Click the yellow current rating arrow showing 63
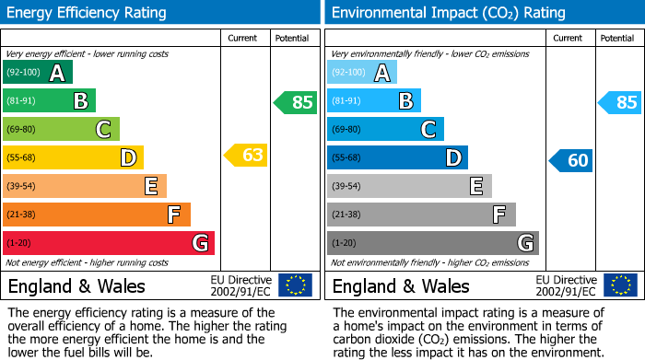coord(246,156)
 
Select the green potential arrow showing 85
coord(295,102)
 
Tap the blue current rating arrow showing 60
coord(571,160)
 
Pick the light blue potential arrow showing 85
coord(619,102)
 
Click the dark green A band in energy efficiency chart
coord(38,73)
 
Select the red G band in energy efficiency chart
coord(109,243)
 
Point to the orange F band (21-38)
coord(97,215)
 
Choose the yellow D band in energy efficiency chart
coord(73,157)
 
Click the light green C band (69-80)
coord(62,129)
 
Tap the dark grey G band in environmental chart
coord(433,243)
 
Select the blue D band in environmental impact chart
coord(397,157)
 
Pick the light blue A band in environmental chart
coord(362,73)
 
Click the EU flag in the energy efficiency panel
coord(295,285)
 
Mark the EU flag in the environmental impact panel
coord(619,285)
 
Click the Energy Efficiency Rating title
coord(88,13)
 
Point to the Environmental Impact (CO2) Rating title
coord(448,13)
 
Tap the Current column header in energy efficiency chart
coord(243,38)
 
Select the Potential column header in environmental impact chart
coord(616,38)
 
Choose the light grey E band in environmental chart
coord(409,186)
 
